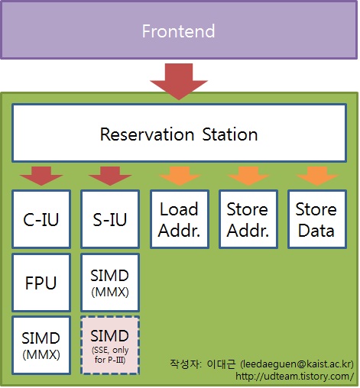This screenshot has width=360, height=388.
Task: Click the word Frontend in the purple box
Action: click(x=178, y=31)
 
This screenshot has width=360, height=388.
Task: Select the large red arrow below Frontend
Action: click(x=179, y=82)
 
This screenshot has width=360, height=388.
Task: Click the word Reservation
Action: click(x=147, y=134)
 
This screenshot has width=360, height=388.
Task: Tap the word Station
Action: click(x=230, y=134)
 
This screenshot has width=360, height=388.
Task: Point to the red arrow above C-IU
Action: click(x=41, y=176)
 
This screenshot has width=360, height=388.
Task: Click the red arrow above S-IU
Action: click(x=110, y=176)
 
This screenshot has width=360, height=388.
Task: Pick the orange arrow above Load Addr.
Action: click(x=180, y=176)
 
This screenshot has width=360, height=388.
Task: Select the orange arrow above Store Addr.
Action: click(x=248, y=176)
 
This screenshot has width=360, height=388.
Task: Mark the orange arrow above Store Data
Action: click(x=317, y=176)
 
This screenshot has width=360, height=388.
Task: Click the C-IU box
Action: click(x=41, y=219)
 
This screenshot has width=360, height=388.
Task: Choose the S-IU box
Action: click(x=110, y=219)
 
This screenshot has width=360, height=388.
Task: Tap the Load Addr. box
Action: click(x=180, y=219)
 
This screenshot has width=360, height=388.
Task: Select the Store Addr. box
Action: click(x=248, y=219)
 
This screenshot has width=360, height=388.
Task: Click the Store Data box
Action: click(x=317, y=219)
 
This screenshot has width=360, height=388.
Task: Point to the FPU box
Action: click(x=41, y=283)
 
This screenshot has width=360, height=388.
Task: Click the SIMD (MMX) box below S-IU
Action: click(x=110, y=283)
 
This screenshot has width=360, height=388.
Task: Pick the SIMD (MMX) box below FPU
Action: click(x=41, y=345)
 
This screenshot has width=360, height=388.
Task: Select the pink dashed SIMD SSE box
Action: click(x=110, y=345)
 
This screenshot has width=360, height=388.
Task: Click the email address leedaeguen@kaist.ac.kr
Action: click(x=297, y=364)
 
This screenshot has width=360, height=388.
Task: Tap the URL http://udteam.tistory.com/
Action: click(x=295, y=376)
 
